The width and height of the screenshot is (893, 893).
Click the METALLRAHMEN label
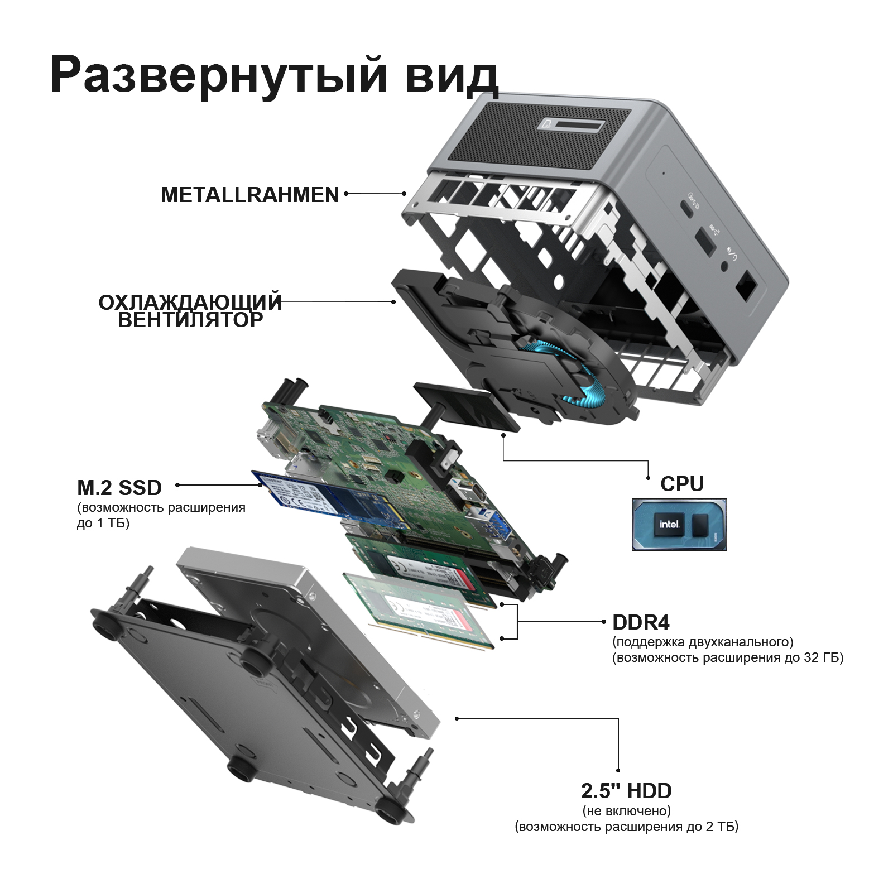(x=250, y=195)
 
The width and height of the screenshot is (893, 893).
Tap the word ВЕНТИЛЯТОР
(x=190, y=320)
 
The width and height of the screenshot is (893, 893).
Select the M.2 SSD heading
(x=119, y=488)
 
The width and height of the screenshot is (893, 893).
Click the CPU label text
(x=682, y=484)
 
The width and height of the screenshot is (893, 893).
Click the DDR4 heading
(x=641, y=622)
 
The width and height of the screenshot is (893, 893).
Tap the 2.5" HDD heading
(x=626, y=791)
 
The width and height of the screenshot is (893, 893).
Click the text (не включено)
(x=627, y=810)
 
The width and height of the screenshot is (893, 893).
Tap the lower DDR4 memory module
(x=419, y=611)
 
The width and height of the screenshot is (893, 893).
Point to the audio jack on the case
(x=725, y=266)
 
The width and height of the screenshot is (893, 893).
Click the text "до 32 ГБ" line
(x=728, y=657)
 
